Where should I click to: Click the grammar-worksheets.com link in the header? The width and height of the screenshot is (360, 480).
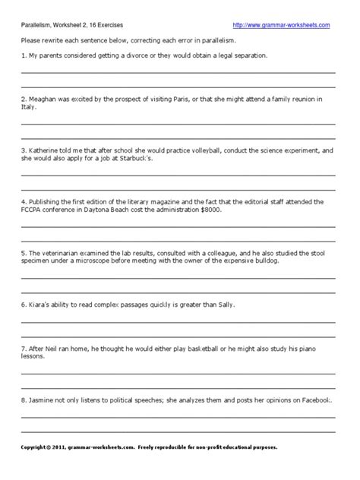[281, 25]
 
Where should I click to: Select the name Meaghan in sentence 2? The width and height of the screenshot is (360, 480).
[43, 99]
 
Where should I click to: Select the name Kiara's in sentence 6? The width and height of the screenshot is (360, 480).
[40, 304]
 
